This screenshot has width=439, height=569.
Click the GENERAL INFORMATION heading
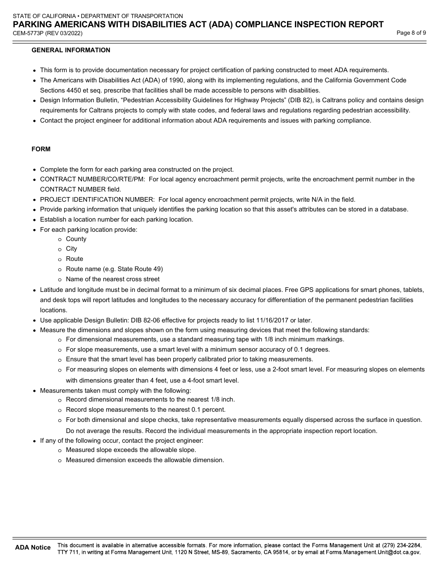[x=71, y=50]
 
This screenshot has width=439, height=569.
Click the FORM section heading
[x=41, y=149]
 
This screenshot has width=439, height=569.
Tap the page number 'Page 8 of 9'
[x=411, y=33]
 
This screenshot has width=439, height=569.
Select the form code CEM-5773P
[x=28, y=33]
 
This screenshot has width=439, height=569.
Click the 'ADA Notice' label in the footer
[x=33, y=547]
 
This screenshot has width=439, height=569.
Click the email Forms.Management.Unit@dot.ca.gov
[x=373, y=552]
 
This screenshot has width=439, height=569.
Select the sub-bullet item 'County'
[x=76, y=239]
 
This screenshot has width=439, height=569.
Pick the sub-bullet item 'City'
[x=71, y=249]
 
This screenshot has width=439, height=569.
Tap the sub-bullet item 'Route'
[x=74, y=259]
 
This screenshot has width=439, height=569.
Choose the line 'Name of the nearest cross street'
[x=112, y=279]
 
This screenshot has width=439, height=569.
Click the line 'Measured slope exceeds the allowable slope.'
[x=131, y=450]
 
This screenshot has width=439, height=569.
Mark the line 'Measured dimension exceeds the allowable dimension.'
[x=145, y=460]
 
